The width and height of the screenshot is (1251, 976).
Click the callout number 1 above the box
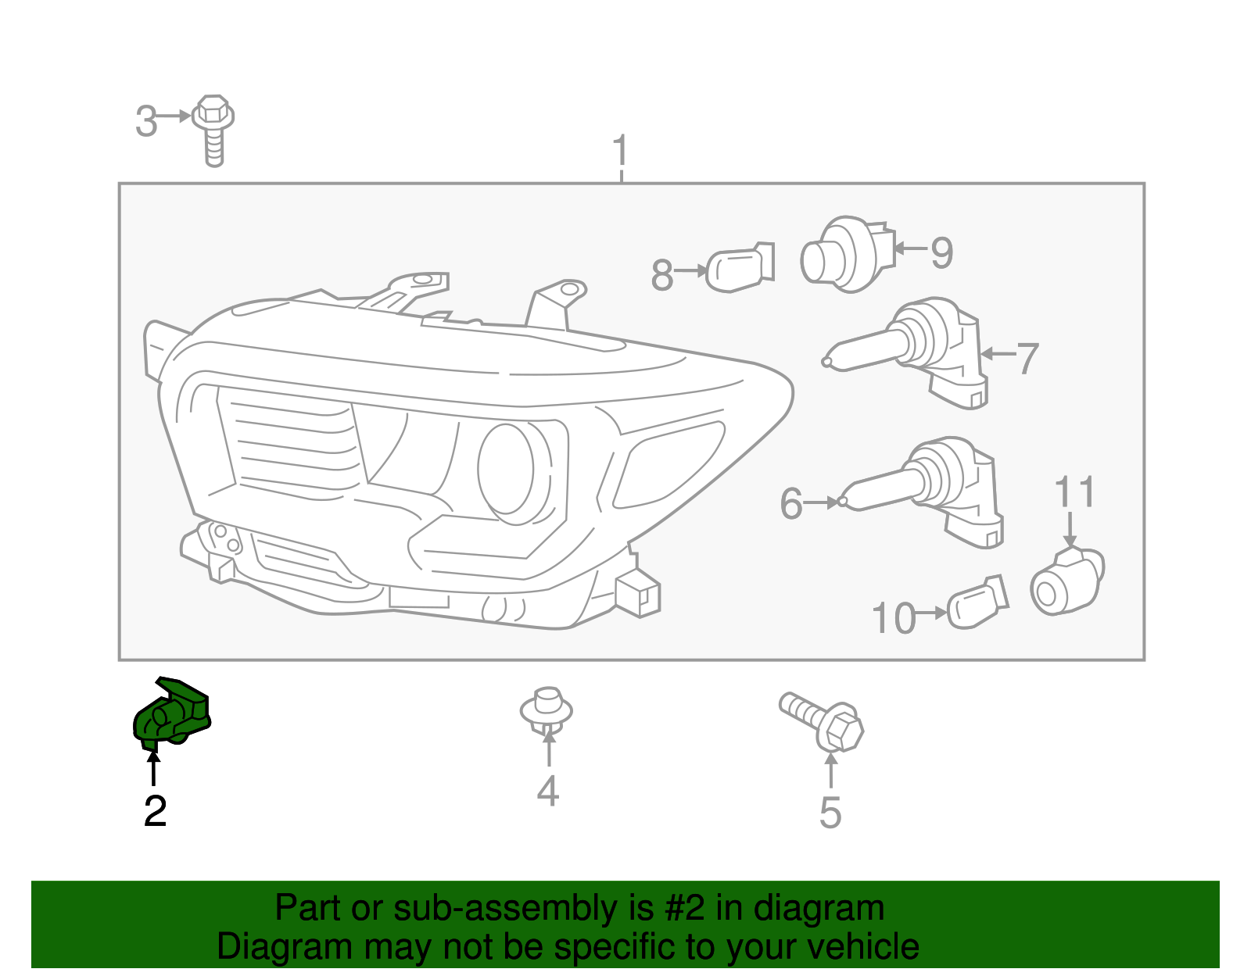[x=620, y=150]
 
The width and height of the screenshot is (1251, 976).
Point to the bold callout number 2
[x=155, y=812]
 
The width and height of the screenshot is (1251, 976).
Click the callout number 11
[x=1075, y=492]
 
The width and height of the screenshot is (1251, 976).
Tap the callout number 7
[x=1027, y=359]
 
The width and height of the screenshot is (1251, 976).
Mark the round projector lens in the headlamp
[x=507, y=469]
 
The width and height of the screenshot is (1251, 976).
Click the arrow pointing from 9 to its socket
[x=910, y=249]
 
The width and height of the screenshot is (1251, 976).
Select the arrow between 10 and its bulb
[x=931, y=613]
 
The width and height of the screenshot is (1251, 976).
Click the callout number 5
[x=830, y=813]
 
